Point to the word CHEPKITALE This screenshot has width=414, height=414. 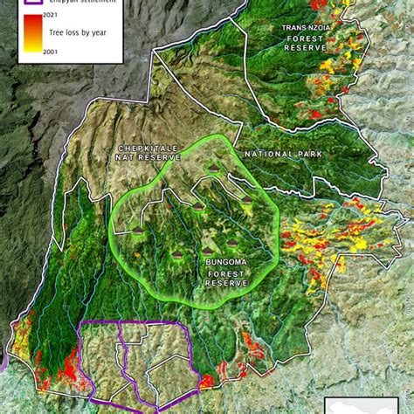tap(146, 147)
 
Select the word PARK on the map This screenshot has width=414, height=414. tap(309, 154)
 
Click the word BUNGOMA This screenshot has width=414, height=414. tap(225, 262)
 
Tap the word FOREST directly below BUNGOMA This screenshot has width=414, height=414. tap(225, 273)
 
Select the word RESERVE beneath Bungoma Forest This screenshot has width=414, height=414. tap(225, 283)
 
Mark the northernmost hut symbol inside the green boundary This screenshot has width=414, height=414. tap(214, 167)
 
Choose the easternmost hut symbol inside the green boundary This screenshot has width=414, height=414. tap(247, 200)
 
